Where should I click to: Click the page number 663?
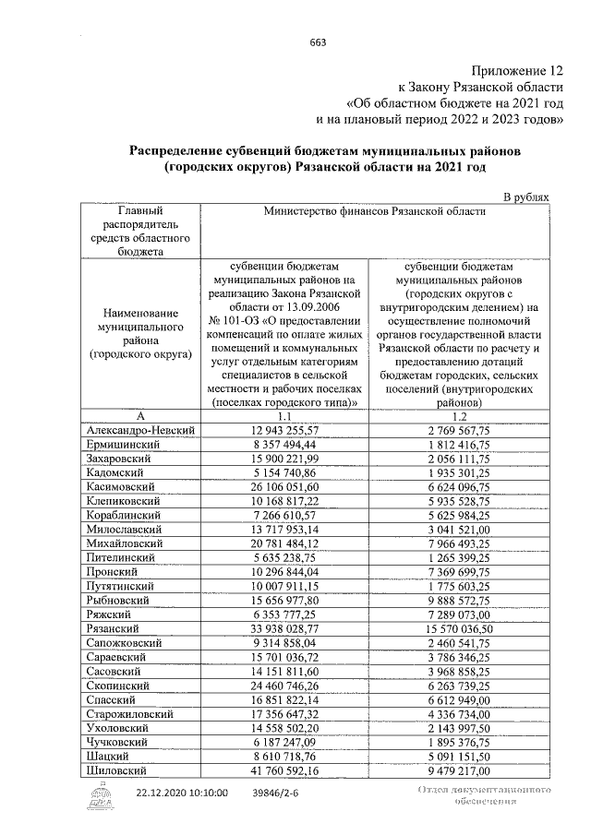(319, 43)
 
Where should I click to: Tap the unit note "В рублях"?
(525, 197)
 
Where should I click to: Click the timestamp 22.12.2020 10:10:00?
(182, 793)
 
